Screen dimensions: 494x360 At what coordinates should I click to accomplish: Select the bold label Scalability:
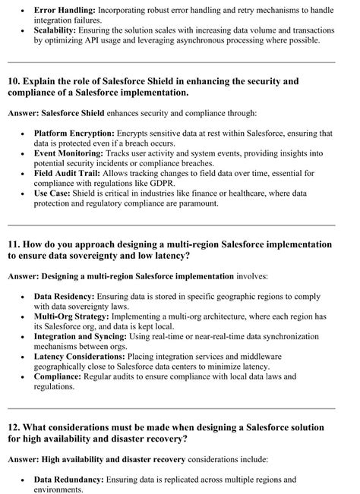coord(58,34)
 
